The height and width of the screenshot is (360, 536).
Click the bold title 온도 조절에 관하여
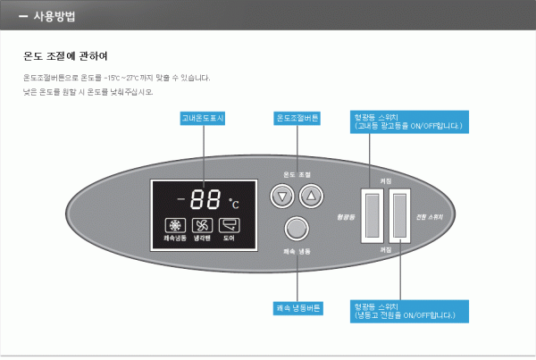[65, 56]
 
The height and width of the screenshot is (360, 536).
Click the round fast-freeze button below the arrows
[296, 228]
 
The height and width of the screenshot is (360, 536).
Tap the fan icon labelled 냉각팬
[202, 227]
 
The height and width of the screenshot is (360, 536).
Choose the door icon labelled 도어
[229, 227]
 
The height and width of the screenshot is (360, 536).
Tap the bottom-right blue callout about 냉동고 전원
[409, 310]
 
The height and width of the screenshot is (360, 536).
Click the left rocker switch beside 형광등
[371, 214]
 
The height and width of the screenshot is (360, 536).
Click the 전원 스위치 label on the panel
[430, 216]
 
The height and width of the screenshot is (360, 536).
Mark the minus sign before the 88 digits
[180, 200]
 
